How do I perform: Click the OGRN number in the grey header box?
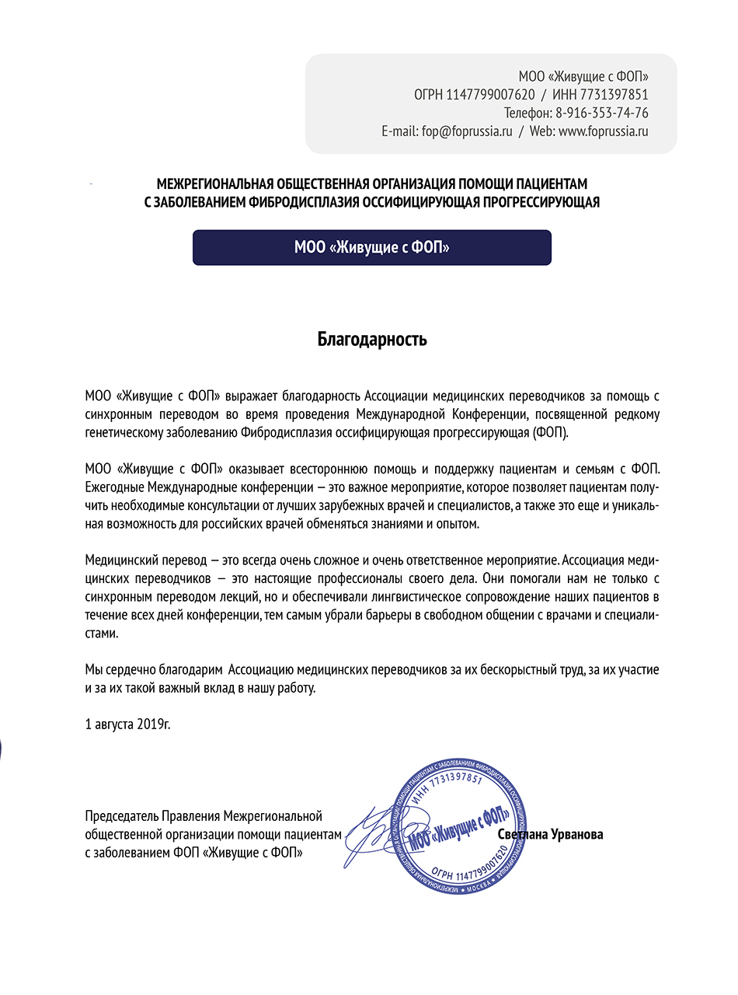[x=490, y=95]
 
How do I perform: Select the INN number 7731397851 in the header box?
[x=616, y=95]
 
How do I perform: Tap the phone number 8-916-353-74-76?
[x=602, y=113]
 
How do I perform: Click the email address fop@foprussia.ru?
[x=467, y=131]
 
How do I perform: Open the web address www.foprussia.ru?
[x=603, y=131]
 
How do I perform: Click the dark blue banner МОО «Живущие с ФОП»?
[x=371, y=247]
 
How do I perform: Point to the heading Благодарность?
[x=372, y=340]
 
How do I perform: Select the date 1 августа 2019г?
[x=127, y=724]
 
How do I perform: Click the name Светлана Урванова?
[x=551, y=834]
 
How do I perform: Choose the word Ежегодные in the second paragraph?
[x=115, y=487]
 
